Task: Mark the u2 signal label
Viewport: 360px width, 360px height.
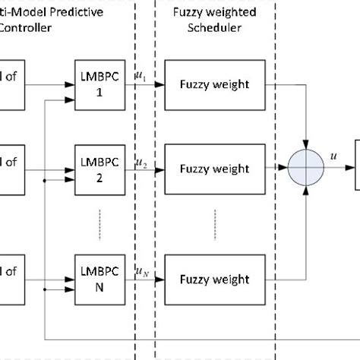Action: (141, 162)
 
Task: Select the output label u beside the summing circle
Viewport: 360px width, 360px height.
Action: (333, 156)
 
